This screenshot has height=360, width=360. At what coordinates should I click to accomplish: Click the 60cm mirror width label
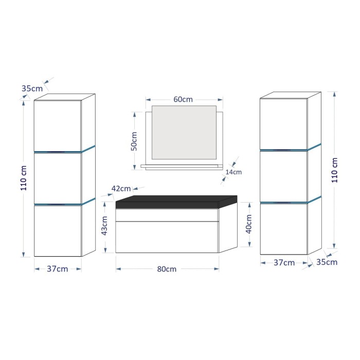point(183,99)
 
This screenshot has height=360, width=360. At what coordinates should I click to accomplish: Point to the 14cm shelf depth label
point(233,172)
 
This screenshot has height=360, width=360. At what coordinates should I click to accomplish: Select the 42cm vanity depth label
point(121,189)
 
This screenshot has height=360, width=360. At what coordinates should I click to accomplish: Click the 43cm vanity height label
point(104,226)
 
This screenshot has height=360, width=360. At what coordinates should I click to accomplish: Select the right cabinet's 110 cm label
point(334,170)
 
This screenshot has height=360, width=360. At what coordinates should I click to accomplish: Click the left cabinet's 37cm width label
point(58,269)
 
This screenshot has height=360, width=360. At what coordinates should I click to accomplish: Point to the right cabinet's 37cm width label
point(284,263)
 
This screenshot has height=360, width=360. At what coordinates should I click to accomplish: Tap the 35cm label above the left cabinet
point(32,88)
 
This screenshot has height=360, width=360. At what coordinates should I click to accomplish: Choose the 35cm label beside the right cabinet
point(327,262)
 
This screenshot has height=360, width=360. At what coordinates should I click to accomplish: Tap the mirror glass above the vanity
point(184,132)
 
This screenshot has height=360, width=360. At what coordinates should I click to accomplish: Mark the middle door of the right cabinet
point(283,175)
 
